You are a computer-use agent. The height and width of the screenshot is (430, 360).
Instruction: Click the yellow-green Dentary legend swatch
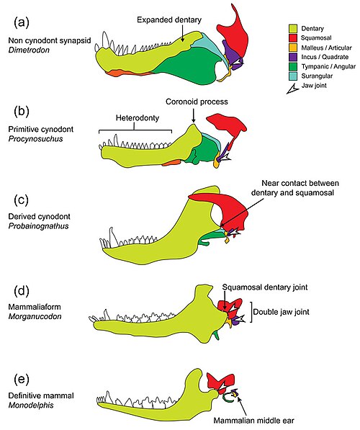pyautogui.click(x=293, y=29)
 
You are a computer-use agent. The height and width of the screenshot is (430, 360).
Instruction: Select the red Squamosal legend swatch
pyautogui.click(x=293, y=38)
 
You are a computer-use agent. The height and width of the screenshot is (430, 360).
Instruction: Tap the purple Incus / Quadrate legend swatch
pyautogui.click(x=293, y=57)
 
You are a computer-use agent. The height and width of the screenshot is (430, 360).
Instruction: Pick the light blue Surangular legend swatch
pyautogui.click(x=293, y=76)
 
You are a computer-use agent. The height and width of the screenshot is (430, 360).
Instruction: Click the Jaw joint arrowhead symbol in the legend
pyautogui.click(x=292, y=89)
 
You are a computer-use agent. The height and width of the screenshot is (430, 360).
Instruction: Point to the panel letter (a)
pyautogui.click(x=22, y=22)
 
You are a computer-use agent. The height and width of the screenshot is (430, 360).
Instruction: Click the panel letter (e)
pyautogui.click(x=22, y=379)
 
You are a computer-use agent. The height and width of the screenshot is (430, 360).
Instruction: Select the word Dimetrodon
pyautogui.click(x=29, y=50)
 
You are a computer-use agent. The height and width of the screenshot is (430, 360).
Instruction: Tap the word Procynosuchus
pyautogui.click(x=35, y=139)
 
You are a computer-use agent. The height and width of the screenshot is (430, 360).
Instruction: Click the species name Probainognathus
pyautogui.click(x=38, y=226)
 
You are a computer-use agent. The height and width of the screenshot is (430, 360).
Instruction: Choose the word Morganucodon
pyautogui.click(x=35, y=316)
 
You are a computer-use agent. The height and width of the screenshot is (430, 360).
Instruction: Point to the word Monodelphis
pyautogui.click(x=31, y=405)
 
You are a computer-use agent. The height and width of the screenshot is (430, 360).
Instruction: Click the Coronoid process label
pyautogui.click(x=197, y=102)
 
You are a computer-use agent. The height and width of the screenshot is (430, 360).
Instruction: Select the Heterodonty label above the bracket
pyautogui.click(x=138, y=118)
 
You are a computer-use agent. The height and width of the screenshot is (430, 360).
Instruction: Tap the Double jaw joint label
pyautogui.click(x=281, y=312)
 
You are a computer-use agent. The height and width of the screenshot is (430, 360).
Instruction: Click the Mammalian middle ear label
pyautogui.click(x=253, y=421)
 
